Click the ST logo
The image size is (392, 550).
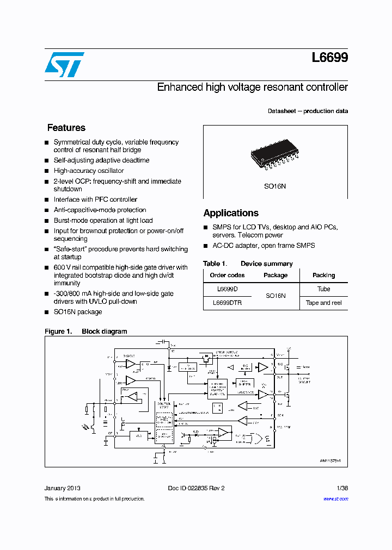pyautogui.click(x=64, y=65)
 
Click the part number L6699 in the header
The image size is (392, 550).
pyautogui.click(x=330, y=58)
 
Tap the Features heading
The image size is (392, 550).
pyautogui.click(x=66, y=128)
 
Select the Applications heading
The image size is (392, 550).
pyautogui.click(x=231, y=213)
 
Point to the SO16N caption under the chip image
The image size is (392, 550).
pyautogui.click(x=275, y=186)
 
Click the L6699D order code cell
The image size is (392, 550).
pyautogui.click(x=227, y=289)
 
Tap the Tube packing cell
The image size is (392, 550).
pyautogui.click(x=323, y=289)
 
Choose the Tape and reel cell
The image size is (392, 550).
pyautogui.click(x=323, y=303)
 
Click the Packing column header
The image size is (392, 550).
pyautogui.click(x=323, y=275)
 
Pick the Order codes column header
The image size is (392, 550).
pyautogui.click(x=227, y=275)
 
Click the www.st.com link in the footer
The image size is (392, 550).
pyautogui.click(x=335, y=498)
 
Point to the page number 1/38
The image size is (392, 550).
pyautogui.click(x=342, y=488)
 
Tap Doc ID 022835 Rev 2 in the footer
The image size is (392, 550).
pyautogui.click(x=196, y=488)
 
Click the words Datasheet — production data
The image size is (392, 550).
pyautogui.click(x=308, y=111)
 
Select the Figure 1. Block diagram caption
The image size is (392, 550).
pyautogui.click(x=85, y=331)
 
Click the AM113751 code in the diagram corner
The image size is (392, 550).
pyautogui.click(x=330, y=460)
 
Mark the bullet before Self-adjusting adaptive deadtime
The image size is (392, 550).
pyautogui.click(x=47, y=161)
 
